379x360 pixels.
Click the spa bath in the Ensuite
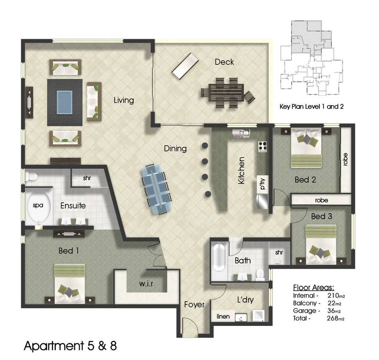[38, 208]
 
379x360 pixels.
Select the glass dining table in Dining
[157, 187]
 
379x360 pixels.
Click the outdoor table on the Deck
[226, 92]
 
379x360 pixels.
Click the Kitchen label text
[241, 170]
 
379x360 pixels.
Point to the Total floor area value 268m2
[334, 318]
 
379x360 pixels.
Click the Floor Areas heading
[313, 288]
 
